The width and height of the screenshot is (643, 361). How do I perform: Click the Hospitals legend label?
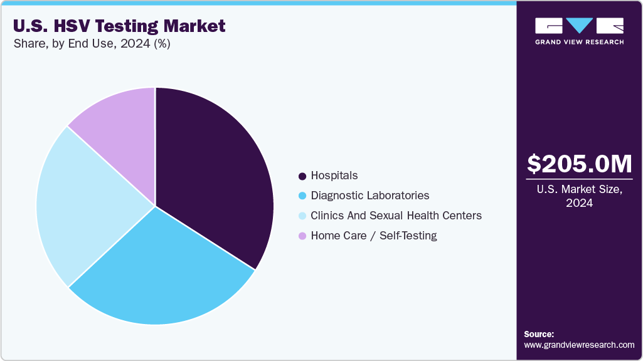click(334, 175)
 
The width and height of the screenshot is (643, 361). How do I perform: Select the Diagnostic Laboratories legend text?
click(369, 196)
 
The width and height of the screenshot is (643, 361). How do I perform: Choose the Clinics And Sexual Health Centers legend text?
click(396, 216)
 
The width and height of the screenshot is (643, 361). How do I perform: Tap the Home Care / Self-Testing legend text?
click(373, 236)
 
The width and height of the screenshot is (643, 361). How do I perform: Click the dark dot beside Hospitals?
click(302, 176)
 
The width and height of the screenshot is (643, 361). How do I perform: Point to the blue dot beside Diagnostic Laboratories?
click(302, 196)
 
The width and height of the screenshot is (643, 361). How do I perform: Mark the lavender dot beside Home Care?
click(302, 236)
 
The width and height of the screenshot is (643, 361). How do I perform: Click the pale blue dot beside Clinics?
click(302, 216)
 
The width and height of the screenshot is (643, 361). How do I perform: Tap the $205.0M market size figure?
click(579, 164)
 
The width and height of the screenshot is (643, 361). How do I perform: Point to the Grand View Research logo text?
click(579, 42)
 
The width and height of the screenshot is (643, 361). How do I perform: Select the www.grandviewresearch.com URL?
click(579, 345)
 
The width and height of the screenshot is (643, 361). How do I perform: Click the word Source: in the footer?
click(539, 334)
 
